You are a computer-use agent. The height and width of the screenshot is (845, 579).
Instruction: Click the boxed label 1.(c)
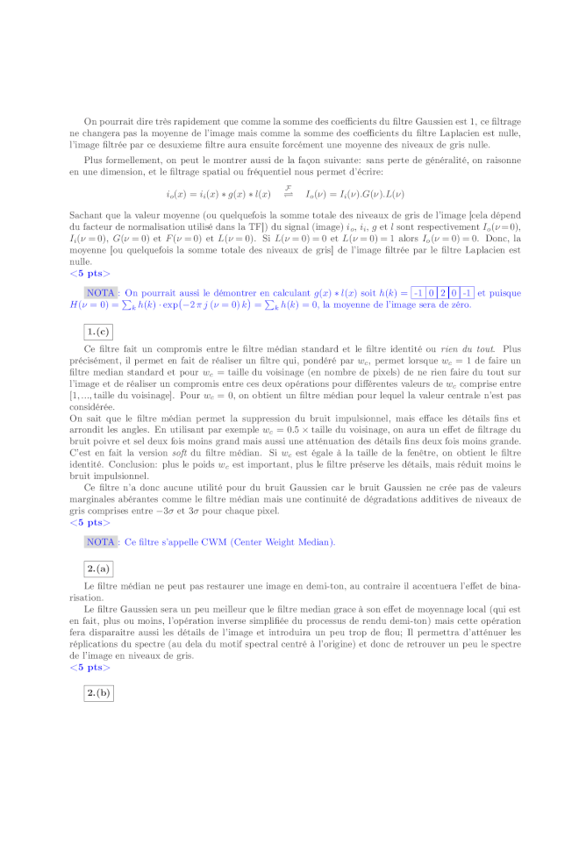[x=97, y=331]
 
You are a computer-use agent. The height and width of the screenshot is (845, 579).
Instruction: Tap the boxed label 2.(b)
[x=97, y=693]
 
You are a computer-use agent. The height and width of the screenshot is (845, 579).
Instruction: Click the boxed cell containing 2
[x=444, y=293]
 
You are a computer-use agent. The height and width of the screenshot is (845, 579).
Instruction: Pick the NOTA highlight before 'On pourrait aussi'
[x=102, y=293]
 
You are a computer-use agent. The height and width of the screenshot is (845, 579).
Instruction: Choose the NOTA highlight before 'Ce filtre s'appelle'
[x=102, y=541]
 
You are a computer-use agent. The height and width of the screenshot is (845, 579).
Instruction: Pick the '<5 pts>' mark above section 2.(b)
[x=89, y=667]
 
